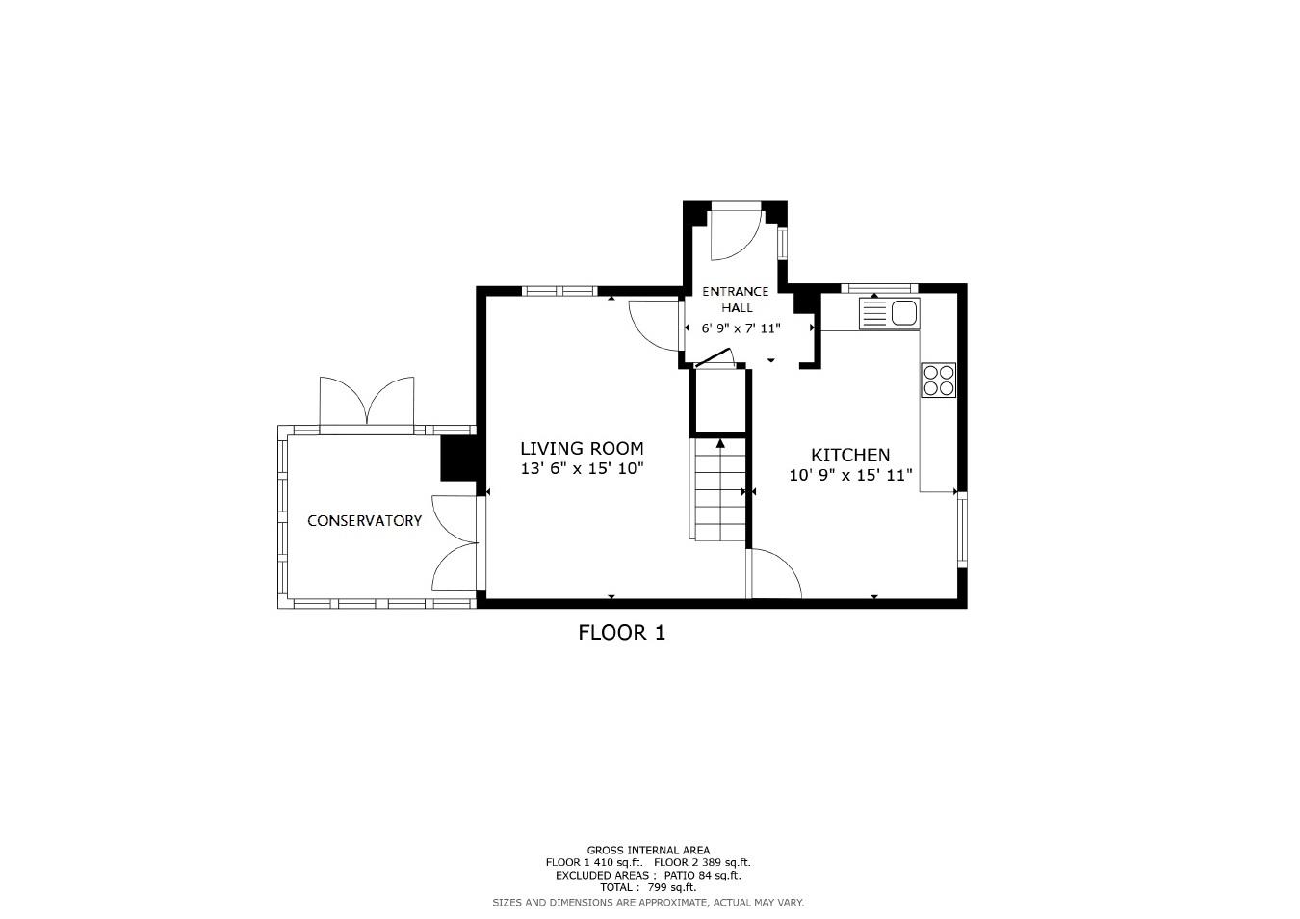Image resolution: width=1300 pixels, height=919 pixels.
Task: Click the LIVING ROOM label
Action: [x=582, y=448]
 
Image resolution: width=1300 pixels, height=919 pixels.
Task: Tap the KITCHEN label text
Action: [x=849, y=455]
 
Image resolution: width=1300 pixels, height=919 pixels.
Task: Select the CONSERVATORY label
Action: [x=364, y=520]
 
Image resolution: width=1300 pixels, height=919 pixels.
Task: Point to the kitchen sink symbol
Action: [x=890, y=313]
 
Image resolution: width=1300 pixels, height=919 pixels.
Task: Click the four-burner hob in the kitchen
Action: [x=938, y=380]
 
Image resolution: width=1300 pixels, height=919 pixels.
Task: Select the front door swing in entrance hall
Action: [x=734, y=235]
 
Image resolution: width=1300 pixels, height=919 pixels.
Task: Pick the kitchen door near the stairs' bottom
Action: [x=774, y=574]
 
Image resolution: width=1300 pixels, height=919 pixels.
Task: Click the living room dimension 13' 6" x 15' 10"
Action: [x=582, y=469]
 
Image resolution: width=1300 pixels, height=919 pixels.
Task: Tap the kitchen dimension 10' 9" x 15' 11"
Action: [x=849, y=475]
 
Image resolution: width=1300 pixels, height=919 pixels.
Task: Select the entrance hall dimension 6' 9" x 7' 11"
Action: [x=740, y=328]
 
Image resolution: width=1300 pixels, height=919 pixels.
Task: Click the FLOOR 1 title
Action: [x=621, y=633]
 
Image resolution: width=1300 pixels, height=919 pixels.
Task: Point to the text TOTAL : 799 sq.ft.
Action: [x=647, y=887]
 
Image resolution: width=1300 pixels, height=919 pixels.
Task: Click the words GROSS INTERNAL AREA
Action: [x=647, y=850]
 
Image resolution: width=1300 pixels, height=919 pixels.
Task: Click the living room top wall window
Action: [x=559, y=290]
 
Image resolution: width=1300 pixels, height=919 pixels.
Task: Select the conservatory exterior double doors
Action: [x=367, y=404]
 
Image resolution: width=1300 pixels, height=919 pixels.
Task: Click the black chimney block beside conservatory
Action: [x=459, y=459]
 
